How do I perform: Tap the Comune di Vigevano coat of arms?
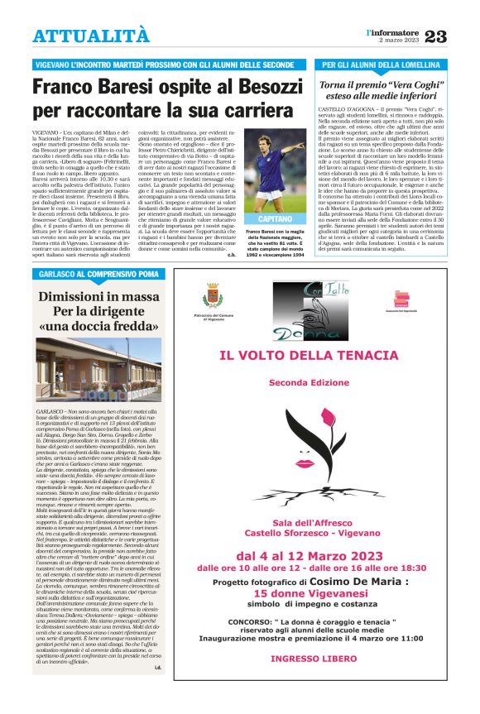[x=212, y=295]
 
